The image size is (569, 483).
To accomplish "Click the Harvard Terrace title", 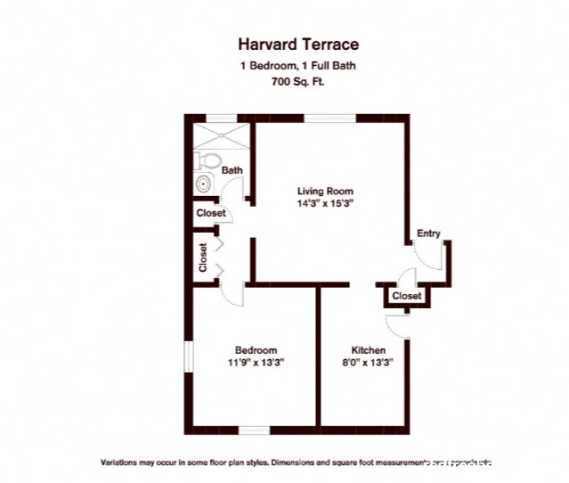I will click(285, 43).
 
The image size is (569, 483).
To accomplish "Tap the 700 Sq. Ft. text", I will click(285, 82).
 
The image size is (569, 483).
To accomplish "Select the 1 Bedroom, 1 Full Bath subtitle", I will click(285, 65).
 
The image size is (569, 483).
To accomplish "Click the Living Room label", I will click(325, 191).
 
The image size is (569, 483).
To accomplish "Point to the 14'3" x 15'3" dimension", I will click(325, 203).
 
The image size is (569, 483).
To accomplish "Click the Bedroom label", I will click(256, 349).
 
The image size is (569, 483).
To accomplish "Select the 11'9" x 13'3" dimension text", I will click(256, 363).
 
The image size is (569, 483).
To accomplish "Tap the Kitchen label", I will click(368, 349).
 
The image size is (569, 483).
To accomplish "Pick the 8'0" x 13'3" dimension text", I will click(368, 363).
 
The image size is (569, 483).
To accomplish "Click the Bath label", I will click(232, 170).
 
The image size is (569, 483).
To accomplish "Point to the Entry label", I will click(428, 233).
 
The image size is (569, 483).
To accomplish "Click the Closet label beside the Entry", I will click(406, 296).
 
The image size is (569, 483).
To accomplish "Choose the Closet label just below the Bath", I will click(210, 213).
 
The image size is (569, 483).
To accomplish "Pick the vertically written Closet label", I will click(203, 258).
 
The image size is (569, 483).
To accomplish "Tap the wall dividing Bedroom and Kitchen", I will click(320, 356).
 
